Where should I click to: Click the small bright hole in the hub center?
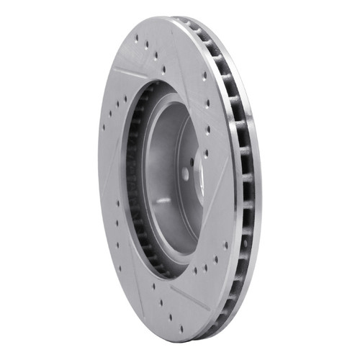(185, 174)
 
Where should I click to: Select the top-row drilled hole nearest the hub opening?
(164, 69)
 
